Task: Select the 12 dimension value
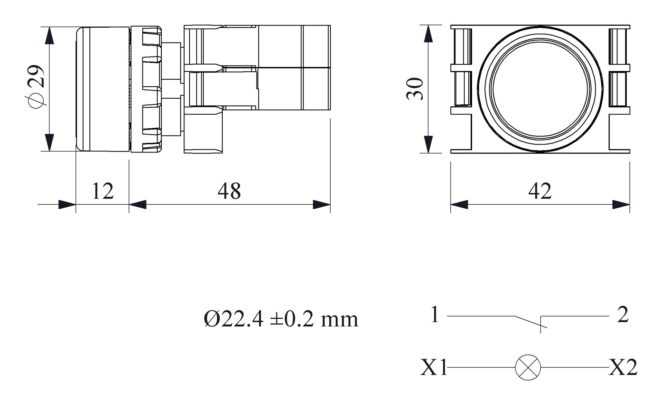coord(102,191)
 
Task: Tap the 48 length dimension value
coord(229,191)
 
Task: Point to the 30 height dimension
coord(415,89)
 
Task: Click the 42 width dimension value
coord(540,191)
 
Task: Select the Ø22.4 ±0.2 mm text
coord(281,319)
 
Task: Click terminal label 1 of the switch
coord(435,315)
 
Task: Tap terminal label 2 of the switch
coord(623,315)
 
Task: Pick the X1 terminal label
coord(433,367)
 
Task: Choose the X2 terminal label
coord(623,367)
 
